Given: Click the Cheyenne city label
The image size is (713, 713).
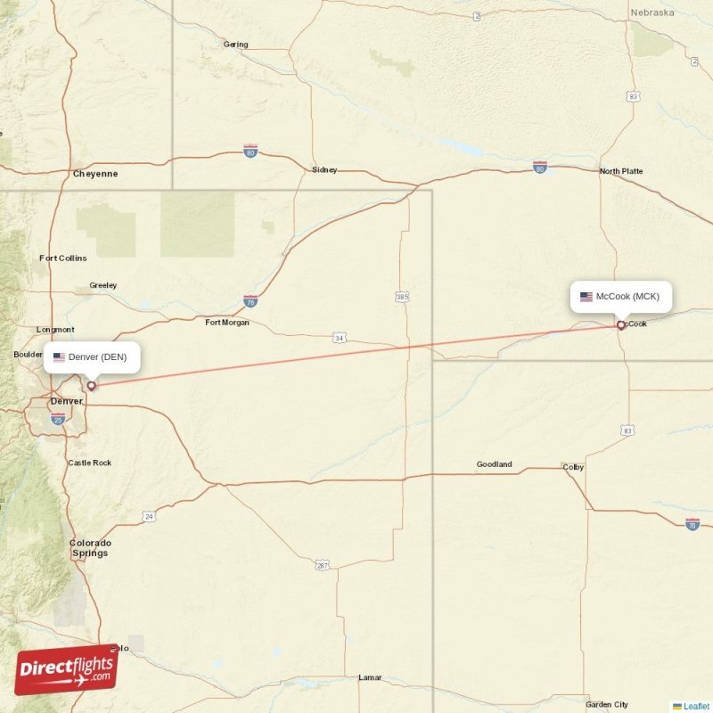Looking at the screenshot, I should (94, 174).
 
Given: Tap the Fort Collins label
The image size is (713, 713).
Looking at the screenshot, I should (63, 258).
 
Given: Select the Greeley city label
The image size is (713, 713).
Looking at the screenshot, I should (102, 285).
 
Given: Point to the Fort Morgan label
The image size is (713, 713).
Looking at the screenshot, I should (227, 323).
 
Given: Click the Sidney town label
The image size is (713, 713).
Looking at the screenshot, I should (324, 169).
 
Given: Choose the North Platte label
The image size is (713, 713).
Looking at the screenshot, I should (621, 171).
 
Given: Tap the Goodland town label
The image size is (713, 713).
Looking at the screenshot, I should (494, 464).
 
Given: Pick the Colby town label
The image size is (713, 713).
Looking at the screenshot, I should (572, 467).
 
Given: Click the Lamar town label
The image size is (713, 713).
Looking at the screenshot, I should (370, 677).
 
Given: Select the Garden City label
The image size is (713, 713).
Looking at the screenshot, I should (607, 704).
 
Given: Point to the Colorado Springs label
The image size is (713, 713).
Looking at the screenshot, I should (90, 548).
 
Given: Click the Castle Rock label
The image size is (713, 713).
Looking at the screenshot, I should (90, 463).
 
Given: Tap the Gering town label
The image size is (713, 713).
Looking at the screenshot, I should (236, 45).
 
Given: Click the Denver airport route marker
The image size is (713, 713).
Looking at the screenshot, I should (91, 386).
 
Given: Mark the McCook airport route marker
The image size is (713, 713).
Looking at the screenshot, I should (621, 325).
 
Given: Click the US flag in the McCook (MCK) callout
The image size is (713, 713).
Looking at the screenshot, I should (586, 297).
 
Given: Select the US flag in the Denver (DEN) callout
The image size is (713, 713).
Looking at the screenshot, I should (60, 357).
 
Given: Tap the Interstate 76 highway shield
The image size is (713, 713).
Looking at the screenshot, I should (250, 301).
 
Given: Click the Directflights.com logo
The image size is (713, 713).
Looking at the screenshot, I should (66, 668).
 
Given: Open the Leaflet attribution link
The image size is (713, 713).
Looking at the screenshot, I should (696, 706).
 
